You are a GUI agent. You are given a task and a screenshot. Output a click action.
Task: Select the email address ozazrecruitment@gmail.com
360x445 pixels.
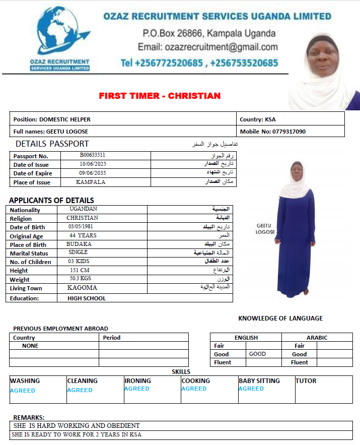click(207, 47)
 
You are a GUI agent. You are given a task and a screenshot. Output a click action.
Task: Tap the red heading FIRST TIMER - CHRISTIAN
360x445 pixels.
click(160, 96)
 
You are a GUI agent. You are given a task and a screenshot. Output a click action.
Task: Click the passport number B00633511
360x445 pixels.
click(93, 155)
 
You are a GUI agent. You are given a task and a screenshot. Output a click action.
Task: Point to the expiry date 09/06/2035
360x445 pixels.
click(93, 173)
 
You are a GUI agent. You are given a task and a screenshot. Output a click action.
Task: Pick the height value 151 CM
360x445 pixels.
click(80, 270)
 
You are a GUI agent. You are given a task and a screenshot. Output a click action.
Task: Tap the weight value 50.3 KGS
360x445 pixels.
click(81, 279)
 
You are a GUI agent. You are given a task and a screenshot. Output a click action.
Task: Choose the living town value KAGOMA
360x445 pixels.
click(82, 288)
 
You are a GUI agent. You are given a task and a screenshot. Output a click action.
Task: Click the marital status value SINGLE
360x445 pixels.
click(78, 252)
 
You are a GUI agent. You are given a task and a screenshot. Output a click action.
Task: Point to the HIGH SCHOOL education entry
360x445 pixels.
click(87, 298)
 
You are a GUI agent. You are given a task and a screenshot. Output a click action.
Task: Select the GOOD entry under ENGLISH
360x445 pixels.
click(257, 354)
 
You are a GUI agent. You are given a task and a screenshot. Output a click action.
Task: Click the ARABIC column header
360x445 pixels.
click(317, 338)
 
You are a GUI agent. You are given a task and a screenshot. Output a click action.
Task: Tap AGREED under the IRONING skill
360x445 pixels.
click(137, 389)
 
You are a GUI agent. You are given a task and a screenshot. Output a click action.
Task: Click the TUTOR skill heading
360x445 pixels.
click(306, 381)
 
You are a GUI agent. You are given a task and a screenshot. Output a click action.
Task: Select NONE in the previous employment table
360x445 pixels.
click(30, 346)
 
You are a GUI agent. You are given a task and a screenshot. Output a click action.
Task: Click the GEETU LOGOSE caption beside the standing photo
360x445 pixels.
click(265, 229)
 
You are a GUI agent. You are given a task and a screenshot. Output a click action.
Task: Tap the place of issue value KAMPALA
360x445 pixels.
click(91, 182)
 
